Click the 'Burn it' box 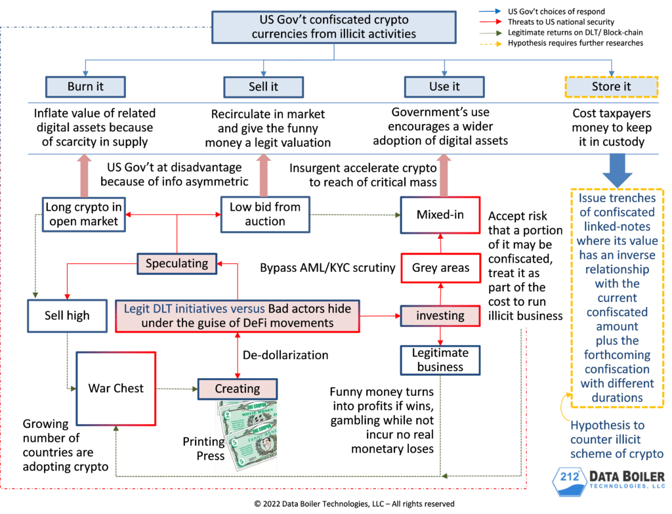pos(85,86)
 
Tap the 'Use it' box pos(444,86)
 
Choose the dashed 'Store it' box pos(611,86)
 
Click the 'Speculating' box pos(177,264)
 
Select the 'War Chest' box pos(115,388)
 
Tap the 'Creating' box pos(237,389)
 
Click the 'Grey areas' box pos(440,267)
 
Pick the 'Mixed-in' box pos(440,215)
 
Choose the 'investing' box pos(440,315)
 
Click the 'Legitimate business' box pos(440,360)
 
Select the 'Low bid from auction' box pos(264,214)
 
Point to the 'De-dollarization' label pos(285,355)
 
